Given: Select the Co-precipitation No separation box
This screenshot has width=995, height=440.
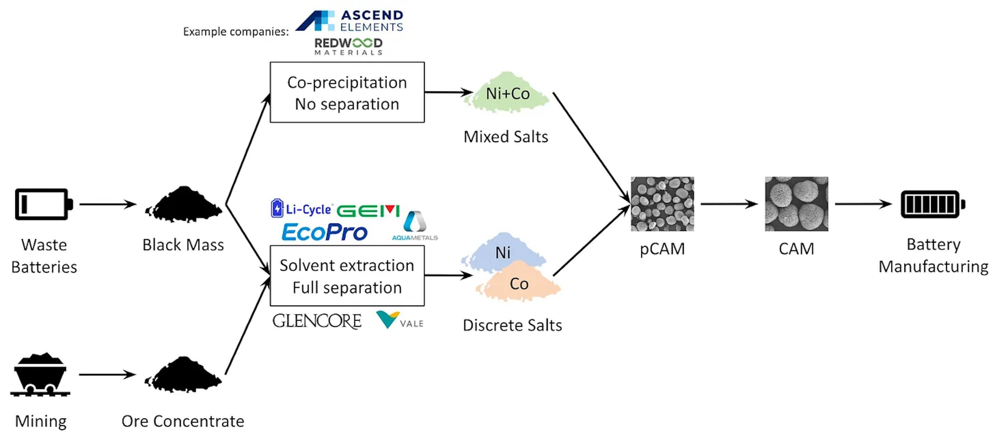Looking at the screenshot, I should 347,92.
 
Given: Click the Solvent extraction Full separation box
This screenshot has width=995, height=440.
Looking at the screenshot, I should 347,276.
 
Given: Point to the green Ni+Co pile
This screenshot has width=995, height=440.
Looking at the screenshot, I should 507,94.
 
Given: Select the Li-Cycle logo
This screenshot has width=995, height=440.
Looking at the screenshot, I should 301,209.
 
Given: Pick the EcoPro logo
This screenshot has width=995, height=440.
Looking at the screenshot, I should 324,232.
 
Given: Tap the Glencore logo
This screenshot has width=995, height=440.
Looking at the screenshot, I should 317,321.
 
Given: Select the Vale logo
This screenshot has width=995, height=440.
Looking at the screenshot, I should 399,320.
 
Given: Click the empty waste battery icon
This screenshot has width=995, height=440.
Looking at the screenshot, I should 43,204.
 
